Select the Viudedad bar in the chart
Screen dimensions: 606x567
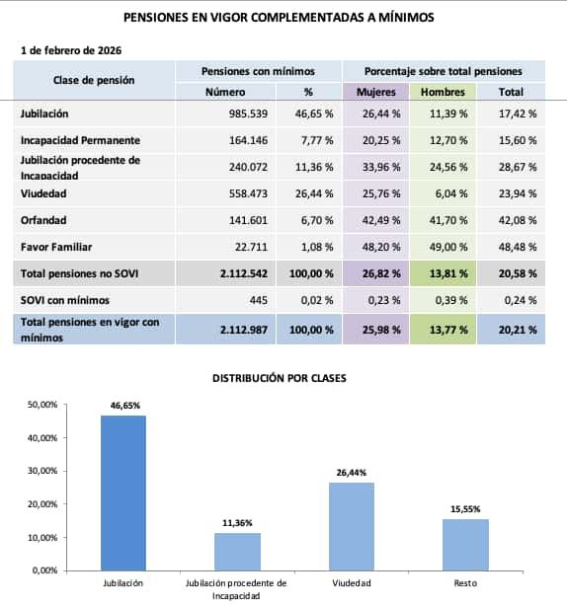351,525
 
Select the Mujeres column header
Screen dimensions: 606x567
376,92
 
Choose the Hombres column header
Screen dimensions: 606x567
443,92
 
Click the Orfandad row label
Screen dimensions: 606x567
43,220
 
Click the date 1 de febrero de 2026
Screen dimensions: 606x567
71,49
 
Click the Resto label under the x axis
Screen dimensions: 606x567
464,584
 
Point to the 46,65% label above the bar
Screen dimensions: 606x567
122,405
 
